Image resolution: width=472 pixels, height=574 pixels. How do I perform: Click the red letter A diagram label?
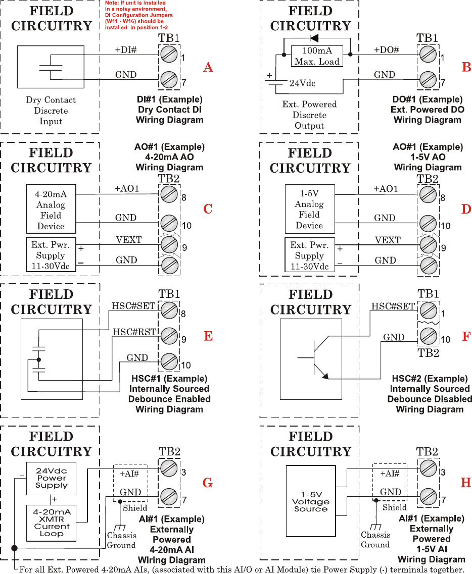pos(208,67)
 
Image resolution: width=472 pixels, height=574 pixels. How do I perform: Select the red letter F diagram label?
pos(466,337)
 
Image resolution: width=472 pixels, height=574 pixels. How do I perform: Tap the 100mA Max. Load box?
pos(317,56)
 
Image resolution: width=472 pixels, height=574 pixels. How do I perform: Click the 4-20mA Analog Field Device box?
pos(51,210)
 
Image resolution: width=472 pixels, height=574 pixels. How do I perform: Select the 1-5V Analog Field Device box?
pos(309,210)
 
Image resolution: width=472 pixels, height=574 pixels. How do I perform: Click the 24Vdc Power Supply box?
pos(52,478)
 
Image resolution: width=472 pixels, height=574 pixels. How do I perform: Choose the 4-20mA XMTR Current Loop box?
pos(52,523)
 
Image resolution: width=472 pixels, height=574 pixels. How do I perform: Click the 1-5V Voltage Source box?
pos(311,502)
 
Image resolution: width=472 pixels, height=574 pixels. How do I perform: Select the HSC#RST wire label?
pos(130,332)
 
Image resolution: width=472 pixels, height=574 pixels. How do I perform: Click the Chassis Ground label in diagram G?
pos(121,540)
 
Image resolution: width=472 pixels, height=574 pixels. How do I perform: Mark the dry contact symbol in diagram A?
pos(51,71)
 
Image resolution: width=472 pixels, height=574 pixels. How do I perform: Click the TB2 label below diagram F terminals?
pos(428,352)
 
